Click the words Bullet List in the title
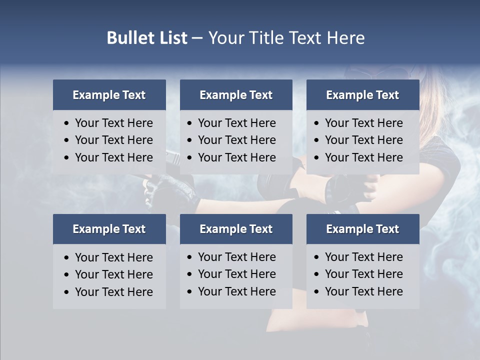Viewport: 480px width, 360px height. pos(147,38)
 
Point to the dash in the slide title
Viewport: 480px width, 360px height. pos(197,38)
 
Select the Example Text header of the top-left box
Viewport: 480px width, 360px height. pos(109,95)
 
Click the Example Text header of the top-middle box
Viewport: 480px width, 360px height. pos(236,95)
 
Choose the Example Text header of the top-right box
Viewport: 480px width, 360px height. pos(362,95)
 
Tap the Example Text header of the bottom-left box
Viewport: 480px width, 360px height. pos(109,229)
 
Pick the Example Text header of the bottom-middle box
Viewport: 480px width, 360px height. pos(236,229)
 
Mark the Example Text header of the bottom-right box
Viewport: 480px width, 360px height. pos(362,229)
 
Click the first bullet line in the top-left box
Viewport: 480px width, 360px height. pos(113,123)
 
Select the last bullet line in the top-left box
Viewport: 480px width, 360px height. pos(113,157)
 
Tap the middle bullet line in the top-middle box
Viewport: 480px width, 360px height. pos(236,140)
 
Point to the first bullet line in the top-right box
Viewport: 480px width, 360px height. pos(363,123)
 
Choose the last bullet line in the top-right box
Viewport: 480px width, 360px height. pos(363,157)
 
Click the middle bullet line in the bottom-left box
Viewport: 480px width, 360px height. pos(113,274)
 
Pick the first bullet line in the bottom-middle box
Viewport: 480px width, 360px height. pos(236,257)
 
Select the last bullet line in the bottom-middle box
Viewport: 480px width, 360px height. pos(236,291)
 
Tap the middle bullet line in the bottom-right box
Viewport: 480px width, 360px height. pos(363,274)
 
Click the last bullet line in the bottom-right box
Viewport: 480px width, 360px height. pos(363,291)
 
